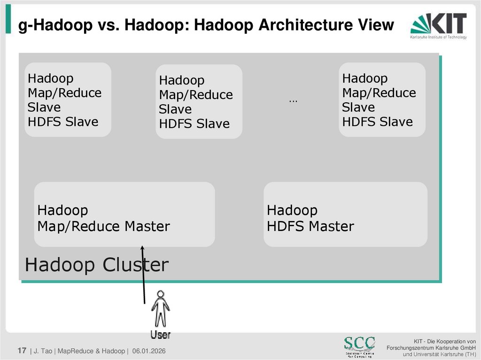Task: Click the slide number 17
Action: pyautogui.click(x=22, y=351)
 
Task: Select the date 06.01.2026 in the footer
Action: pyautogui.click(x=149, y=351)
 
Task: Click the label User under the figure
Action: pyautogui.click(x=160, y=335)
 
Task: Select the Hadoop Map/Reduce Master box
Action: pyautogui.click(x=124, y=214)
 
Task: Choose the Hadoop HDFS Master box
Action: pyautogui.click(x=345, y=214)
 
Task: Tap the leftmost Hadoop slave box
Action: pyautogui.click(x=68, y=100)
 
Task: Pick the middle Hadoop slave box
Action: pyautogui.click(x=199, y=102)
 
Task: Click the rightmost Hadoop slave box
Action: pyautogui.click(x=382, y=100)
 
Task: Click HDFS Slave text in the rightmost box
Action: pyautogui.click(x=377, y=122)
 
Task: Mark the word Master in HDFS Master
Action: pyautogui.click(x=331, y=226)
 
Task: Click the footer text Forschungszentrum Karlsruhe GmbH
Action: pyautogui.click(x=431, y=347)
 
